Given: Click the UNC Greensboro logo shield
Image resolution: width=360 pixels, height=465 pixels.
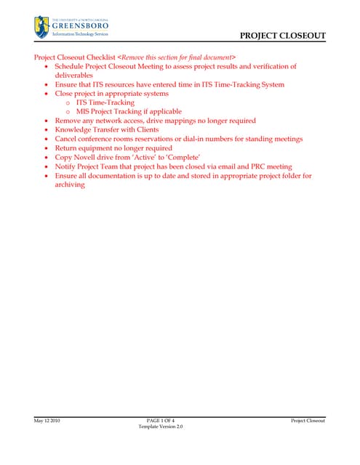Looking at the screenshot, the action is click(41, 27).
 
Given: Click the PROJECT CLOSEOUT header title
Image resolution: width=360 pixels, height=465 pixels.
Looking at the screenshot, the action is click(282, 36).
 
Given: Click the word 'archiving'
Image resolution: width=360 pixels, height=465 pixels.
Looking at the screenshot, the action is click(71, 185).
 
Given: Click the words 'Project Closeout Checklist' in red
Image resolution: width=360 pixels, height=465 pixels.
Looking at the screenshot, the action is click(75, 57).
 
